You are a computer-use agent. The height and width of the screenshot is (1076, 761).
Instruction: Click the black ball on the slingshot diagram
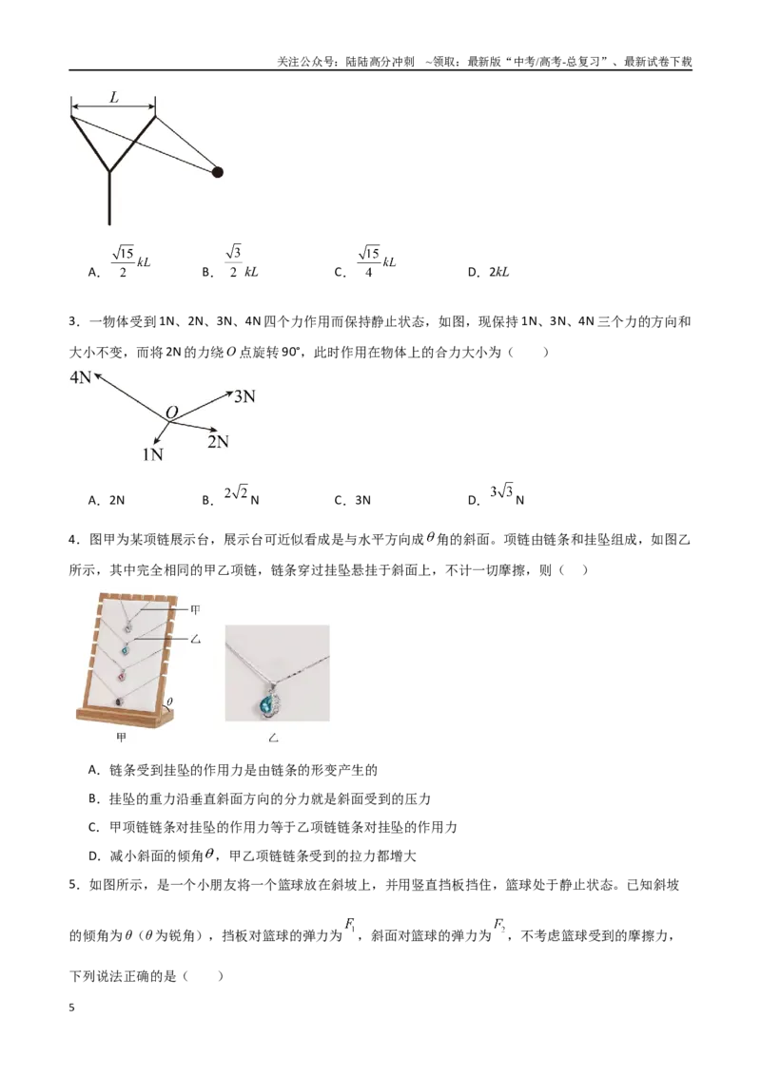217,172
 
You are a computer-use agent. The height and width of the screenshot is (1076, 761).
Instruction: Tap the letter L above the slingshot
114,98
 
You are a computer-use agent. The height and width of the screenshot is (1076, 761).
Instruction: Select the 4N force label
80,376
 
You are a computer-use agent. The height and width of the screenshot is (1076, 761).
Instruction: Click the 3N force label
244,396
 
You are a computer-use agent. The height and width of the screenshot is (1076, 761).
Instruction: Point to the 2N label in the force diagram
218,442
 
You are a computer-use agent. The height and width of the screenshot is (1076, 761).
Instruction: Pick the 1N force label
152,454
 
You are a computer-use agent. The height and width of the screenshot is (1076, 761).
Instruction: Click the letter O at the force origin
172,413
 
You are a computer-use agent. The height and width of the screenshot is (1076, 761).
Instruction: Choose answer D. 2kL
488,272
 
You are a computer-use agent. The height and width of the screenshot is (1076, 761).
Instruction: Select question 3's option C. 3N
352,500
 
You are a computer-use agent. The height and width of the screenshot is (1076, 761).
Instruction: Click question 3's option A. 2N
107,500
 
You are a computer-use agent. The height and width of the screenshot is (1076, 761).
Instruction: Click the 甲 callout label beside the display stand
195,609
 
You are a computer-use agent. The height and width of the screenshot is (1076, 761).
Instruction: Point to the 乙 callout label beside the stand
195,640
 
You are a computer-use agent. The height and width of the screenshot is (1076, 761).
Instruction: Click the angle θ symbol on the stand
169,702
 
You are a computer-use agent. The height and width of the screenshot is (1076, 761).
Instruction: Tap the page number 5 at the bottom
72,1009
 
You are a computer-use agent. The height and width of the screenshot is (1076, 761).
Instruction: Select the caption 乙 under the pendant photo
273,739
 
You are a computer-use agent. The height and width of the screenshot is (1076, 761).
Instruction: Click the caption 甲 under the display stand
122,738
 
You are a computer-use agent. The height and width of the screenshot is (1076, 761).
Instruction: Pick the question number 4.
73,540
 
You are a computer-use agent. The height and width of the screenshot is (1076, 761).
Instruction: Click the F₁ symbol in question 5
350,926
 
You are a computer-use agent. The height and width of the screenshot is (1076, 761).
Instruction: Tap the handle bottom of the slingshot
109,223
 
